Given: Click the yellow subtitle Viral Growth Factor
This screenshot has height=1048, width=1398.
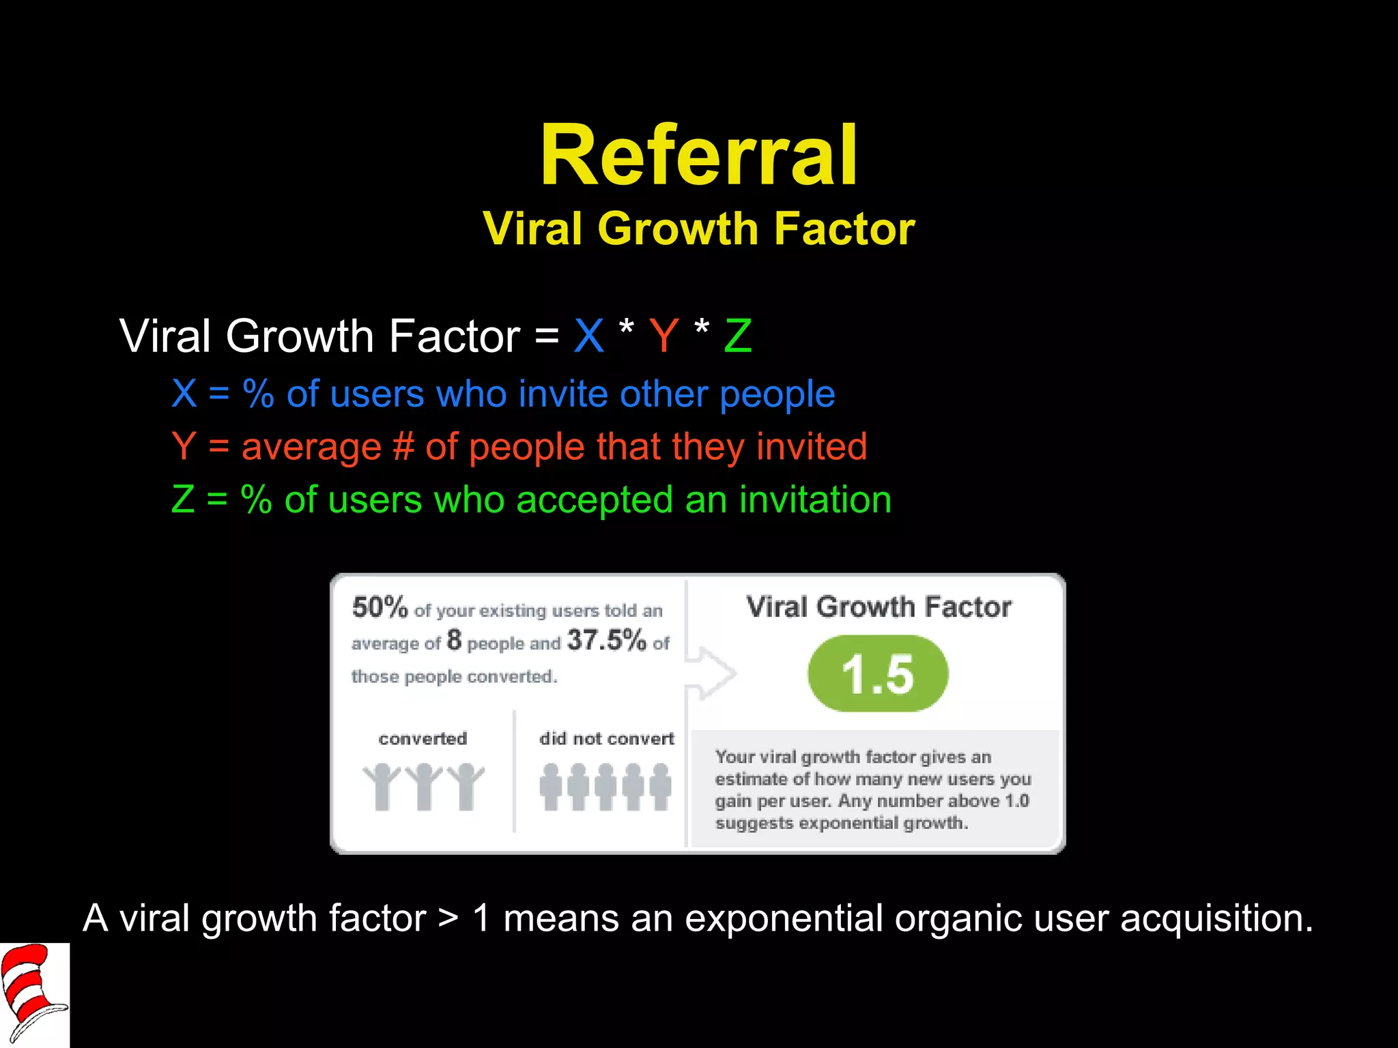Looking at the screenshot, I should [698, 228].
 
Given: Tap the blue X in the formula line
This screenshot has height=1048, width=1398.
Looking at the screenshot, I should [588, 336].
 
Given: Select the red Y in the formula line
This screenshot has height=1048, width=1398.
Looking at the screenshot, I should [664, 336].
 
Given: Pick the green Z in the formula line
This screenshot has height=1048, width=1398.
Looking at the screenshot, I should [738, 336].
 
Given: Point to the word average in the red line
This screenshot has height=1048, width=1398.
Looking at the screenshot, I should [311, 447].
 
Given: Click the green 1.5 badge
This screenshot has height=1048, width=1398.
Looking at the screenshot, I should [878, 674].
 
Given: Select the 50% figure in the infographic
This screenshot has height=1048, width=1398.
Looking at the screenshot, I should [380, 607].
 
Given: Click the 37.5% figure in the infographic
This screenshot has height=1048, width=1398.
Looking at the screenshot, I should [606, 640].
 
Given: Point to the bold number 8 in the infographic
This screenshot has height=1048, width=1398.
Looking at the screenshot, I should [454, 641].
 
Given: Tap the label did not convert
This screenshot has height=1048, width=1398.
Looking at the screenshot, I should [606, 738].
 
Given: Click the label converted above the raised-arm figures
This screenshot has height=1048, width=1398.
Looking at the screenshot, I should [423, 738].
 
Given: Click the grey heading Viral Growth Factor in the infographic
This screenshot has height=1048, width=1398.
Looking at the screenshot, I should [879, 607].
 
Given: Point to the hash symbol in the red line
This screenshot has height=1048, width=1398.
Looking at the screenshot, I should [403, 447].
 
